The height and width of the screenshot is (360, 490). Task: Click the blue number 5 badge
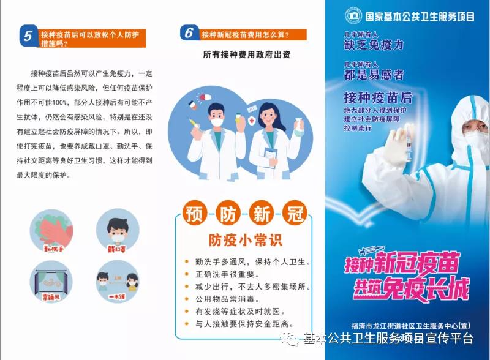pos(28,36)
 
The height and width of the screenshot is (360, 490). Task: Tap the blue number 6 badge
pos(190,33)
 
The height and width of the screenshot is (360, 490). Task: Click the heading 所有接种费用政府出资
pos(247,54)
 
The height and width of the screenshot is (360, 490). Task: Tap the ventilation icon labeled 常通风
pos(55,282)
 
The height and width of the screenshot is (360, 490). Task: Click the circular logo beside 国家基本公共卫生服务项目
pos(353,15)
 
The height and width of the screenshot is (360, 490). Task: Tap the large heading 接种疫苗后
pos(378,97)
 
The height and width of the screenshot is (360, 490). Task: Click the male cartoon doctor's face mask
pos(217,122)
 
